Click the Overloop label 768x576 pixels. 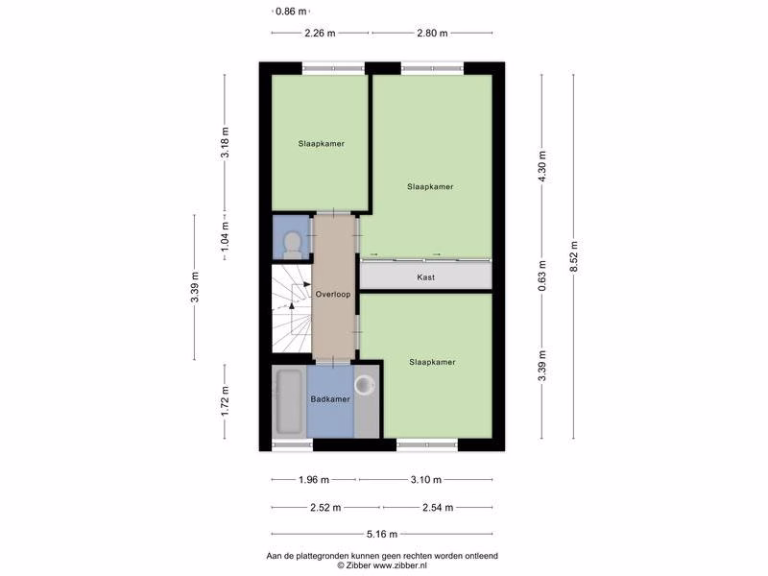(333, 295)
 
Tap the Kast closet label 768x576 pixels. (425, 277)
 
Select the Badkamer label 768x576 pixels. (330, 399)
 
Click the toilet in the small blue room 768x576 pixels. (293, 245)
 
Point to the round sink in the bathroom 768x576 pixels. (365, 385)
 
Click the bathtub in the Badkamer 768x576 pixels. (290, 402)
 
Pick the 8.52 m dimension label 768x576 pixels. (574, 256)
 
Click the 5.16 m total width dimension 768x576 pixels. (382, 534)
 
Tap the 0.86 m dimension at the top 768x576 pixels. (291, 11)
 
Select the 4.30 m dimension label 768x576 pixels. (541, 166)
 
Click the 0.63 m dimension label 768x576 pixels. (541, 276)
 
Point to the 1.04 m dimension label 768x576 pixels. (225, 235)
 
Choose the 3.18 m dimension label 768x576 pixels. (225, 142)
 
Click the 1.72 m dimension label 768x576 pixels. (225, 401)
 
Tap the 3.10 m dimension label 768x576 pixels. (426, 479)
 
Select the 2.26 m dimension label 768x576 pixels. (321, 34)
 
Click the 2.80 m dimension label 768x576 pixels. (432, 34)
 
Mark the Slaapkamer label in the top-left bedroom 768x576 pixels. (322, 144)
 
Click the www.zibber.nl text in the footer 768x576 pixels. (399, 565)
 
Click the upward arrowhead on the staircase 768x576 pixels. (292, 305)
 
